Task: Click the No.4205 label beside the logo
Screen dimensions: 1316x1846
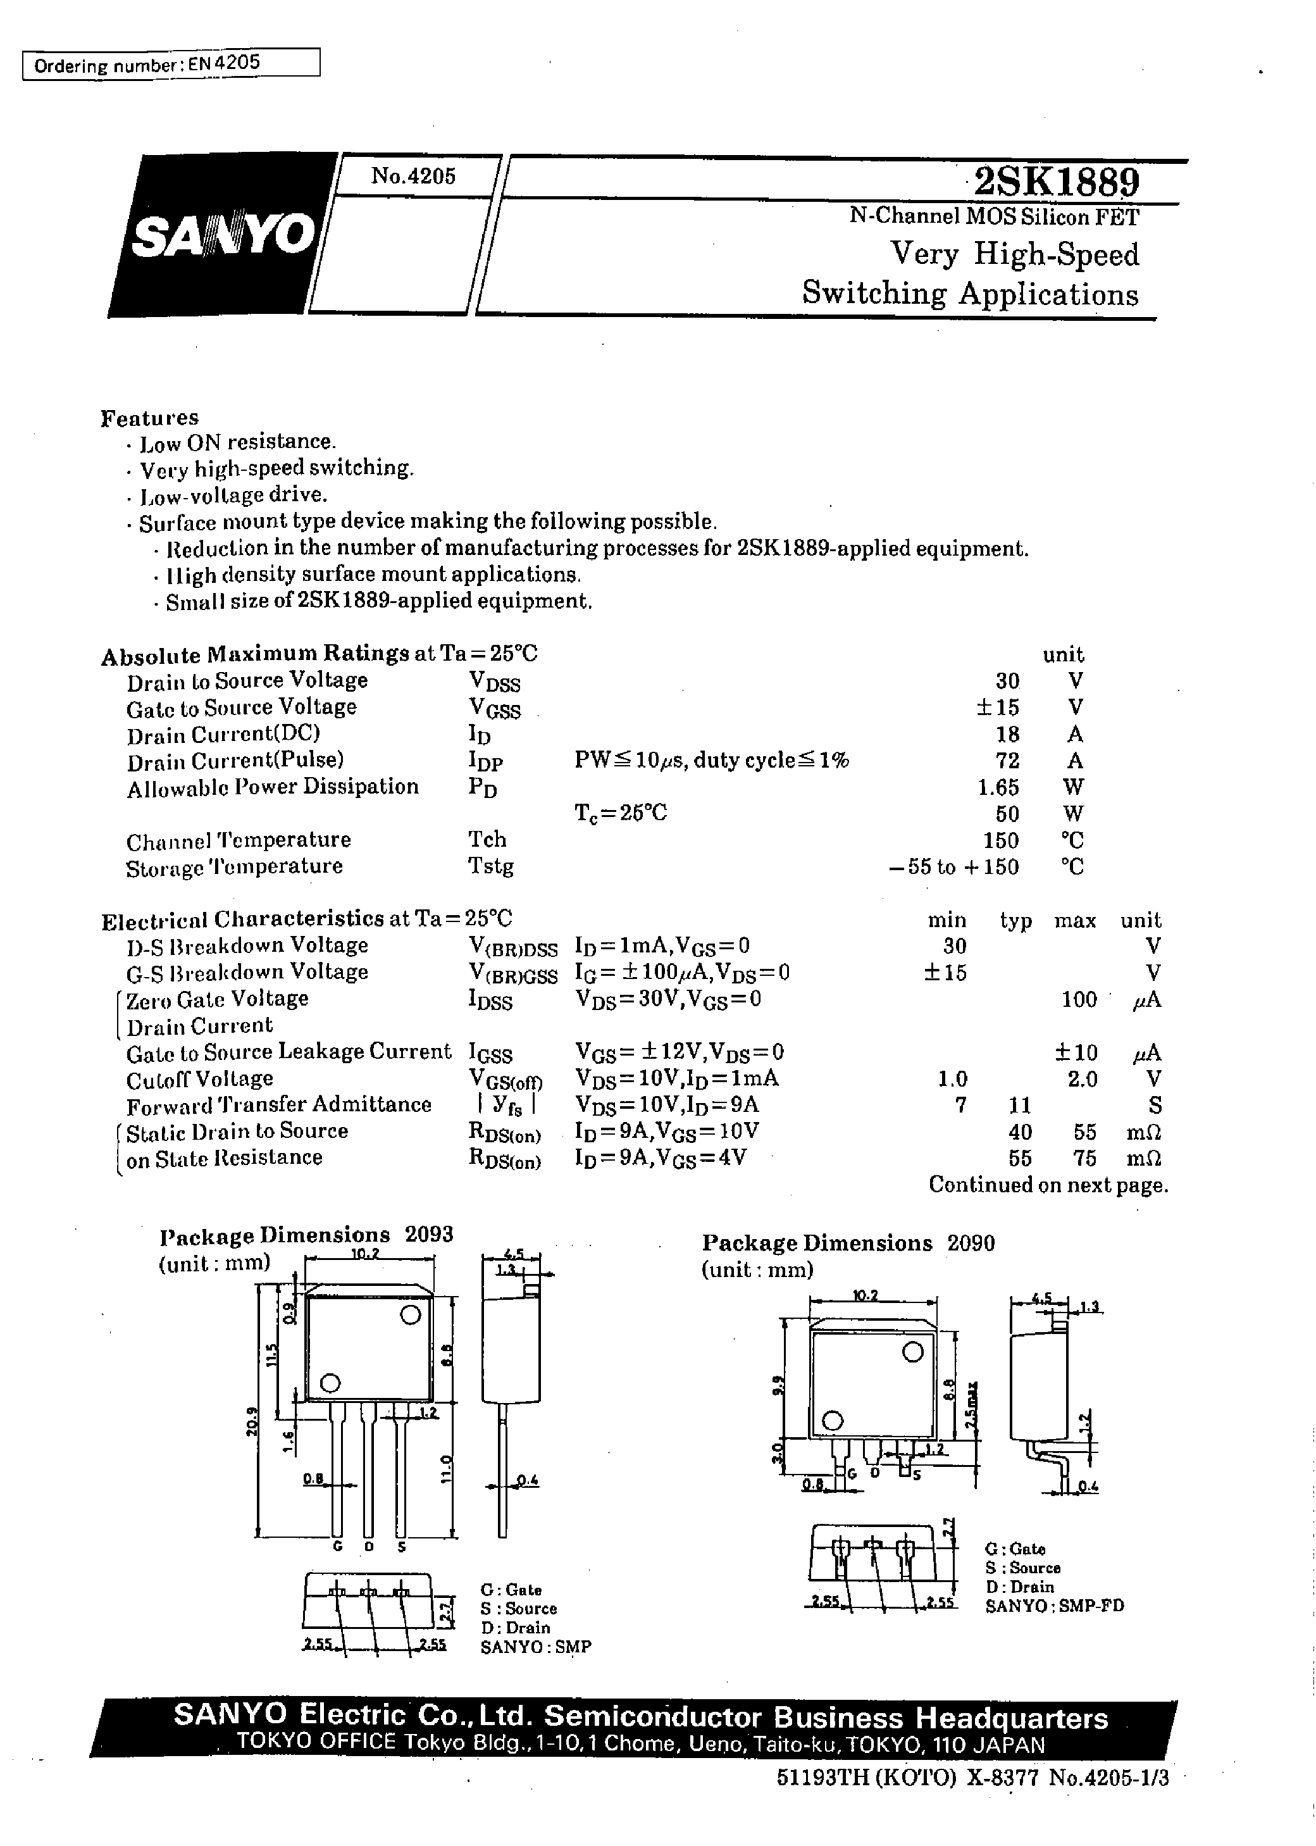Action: pos(413,176)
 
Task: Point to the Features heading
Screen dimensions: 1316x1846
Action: pos(149,418)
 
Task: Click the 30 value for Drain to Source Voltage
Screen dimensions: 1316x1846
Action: pos(1007,681)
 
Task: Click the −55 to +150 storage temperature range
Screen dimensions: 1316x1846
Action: pos(953,867)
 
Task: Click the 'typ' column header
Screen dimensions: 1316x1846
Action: pos(1015,921)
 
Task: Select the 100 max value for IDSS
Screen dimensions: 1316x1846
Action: pos(1079,999)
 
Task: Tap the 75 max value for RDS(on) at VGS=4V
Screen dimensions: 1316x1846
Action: pos(1084,1158)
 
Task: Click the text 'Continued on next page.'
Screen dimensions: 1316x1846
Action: pos(1048,1185)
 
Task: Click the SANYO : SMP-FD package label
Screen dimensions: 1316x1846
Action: pos(1054,1606)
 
